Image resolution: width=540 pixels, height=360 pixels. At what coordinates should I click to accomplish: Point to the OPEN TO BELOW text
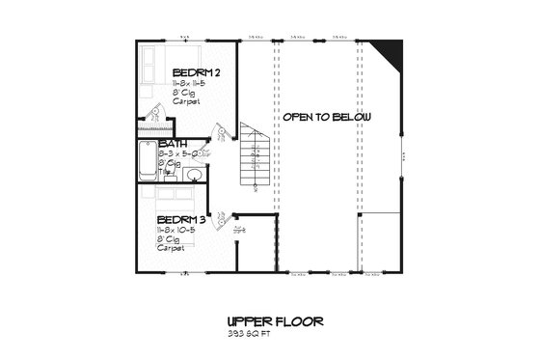pos(327,117)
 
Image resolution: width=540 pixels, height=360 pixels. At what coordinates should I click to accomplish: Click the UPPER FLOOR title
pos(275,321)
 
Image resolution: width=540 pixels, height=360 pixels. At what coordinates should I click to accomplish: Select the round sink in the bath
pos(194,175)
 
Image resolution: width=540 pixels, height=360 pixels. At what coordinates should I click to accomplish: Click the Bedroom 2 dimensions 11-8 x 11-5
pos(194,87)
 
